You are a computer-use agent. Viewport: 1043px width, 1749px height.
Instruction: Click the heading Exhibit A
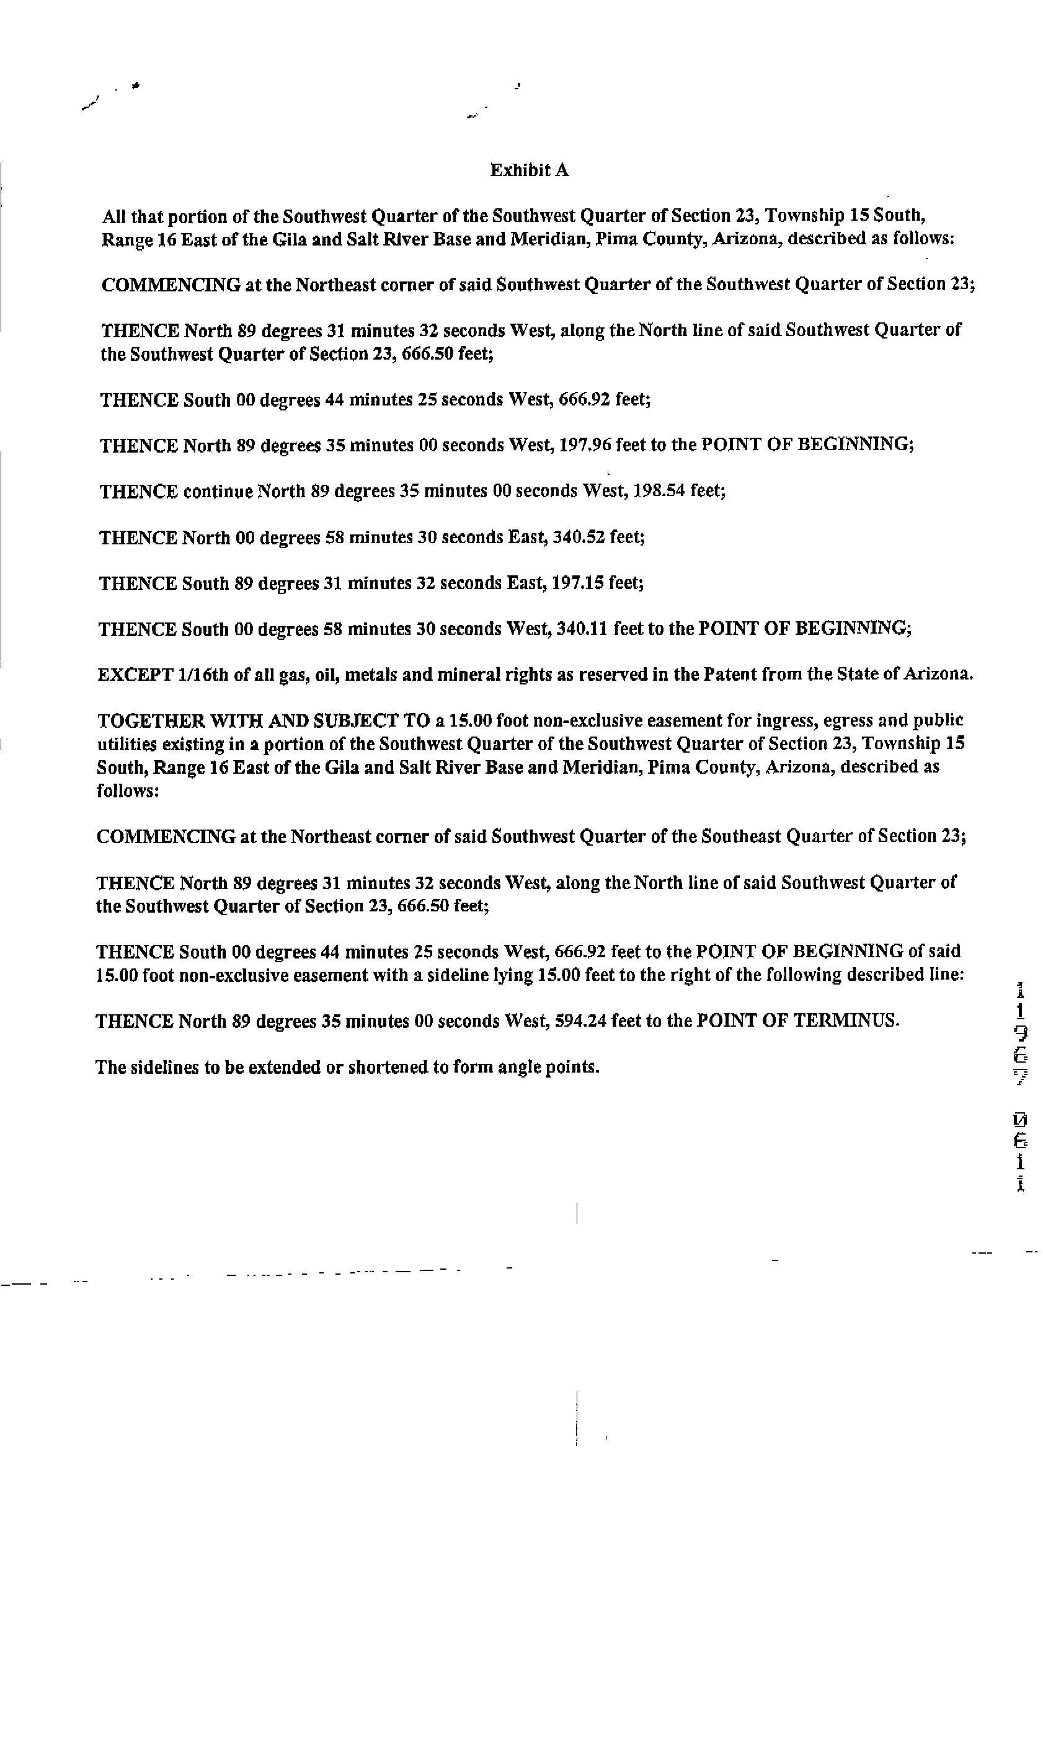tap(529, 170)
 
